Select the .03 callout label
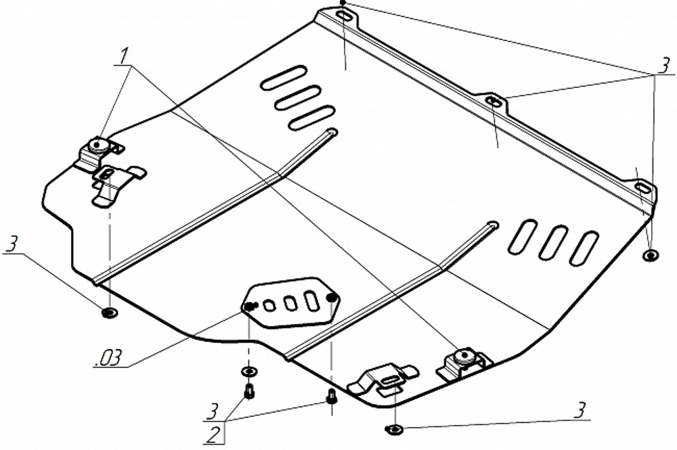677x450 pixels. (108, 357)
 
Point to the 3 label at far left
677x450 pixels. (11, 245)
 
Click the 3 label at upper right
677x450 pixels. (663, 66)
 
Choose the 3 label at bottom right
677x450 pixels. (580, 410)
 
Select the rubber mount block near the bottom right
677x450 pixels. (464, 358)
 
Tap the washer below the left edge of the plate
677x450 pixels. (108, 312)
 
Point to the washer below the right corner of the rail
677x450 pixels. (650, 256)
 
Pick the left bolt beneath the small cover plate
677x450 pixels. (249, 390)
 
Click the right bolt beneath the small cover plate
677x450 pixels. (331, 396)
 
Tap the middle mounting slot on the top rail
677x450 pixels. (494, 102)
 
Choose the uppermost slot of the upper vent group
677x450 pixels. (284, 77)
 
